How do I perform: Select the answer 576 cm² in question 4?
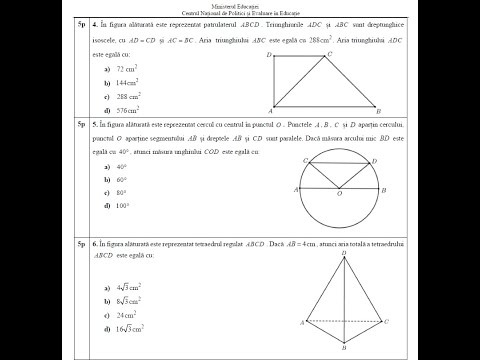point(128,109)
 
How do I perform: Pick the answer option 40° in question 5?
point(122,166)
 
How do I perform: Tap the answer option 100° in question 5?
point(123,205)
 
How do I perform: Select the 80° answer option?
point(122,192)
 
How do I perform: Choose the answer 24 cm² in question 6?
point(127,313)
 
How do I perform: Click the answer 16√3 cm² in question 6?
point(129,327)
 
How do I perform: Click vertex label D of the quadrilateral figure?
point(270,55)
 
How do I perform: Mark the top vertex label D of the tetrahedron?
point(345,253)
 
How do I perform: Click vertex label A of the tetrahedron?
point(302,323)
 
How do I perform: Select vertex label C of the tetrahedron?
point(387,321)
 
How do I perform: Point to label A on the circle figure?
point(297,188)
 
